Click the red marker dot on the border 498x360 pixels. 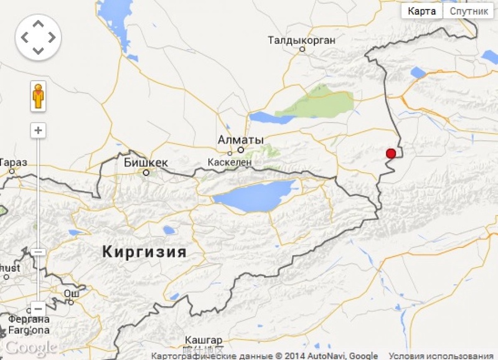pos(391,154)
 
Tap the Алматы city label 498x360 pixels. pos(241,140)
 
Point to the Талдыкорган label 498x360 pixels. pos(302,40)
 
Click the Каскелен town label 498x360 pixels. pos(230,161)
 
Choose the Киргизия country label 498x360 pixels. pos(144,252)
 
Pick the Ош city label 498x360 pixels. pos(72,293)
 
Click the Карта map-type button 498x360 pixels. pos(421,11)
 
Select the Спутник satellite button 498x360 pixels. pos(469,11)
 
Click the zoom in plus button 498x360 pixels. pos(39,131)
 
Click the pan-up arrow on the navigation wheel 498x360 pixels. pos(38,24)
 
